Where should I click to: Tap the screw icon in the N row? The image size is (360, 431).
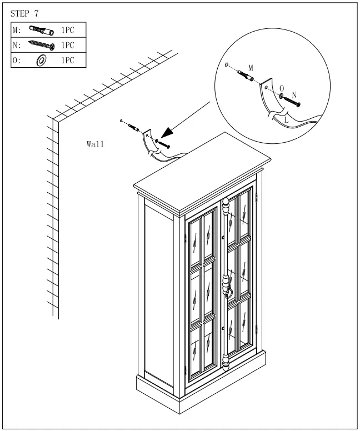pos(41,45)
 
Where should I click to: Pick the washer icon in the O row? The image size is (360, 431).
pos(41,60)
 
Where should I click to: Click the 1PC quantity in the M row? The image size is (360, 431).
pos(67,30)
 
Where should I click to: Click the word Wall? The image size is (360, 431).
pos(95,144)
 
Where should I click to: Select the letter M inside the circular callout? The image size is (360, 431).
pos(251,67)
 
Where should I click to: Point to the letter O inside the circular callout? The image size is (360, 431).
pos(282,88)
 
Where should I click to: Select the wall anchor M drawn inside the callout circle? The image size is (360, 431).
pos(248,76)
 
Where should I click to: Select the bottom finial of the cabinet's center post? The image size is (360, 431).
pos(226,364)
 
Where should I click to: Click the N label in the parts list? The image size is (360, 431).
pos(17,45)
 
